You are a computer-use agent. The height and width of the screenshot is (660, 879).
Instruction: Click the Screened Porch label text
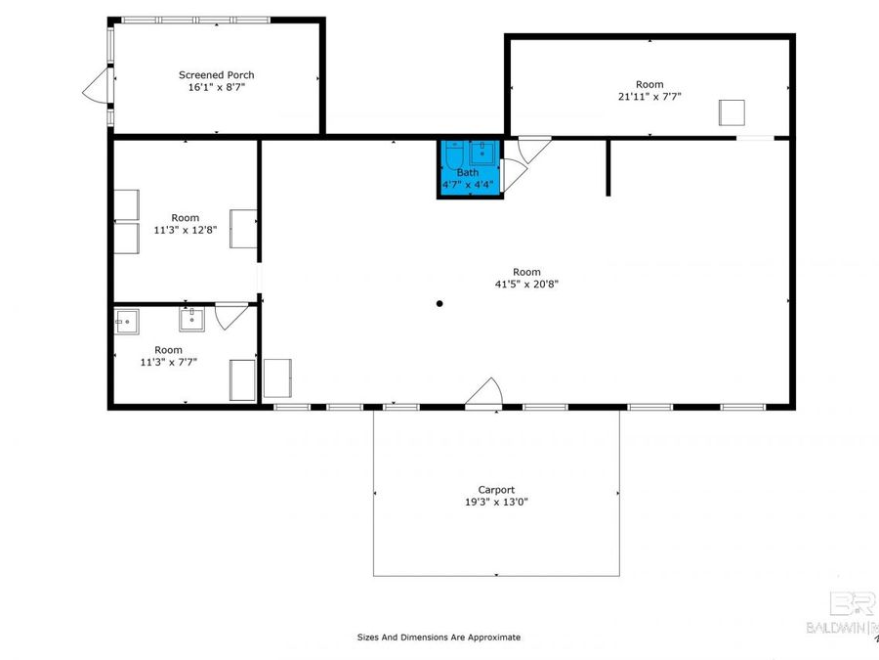click(x=216, y=74)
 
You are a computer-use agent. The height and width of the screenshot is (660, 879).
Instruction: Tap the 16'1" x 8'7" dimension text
click(x=216, y=87)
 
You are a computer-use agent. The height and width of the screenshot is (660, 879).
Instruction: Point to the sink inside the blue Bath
click(x=482, y=153)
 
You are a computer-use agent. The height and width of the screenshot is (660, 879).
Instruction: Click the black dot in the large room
click(x=439, y=303)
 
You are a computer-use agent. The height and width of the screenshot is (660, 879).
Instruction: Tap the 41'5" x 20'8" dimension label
click(x=526, y=285)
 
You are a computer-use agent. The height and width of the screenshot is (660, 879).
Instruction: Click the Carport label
click(x=496, y=490)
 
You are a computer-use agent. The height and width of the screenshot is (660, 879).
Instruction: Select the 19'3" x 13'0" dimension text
click(x=496, y=503)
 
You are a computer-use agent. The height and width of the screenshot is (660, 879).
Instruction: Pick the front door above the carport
click(x=484, y=393)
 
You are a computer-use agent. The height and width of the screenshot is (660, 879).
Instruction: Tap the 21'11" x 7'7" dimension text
click(x=649, y=97)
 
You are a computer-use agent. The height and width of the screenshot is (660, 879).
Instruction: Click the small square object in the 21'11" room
click(x=732, y=112)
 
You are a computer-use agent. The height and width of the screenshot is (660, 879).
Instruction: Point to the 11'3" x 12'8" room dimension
click(x=186, y=231)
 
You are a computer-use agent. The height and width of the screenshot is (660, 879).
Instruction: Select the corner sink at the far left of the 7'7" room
click(x=125, y=321)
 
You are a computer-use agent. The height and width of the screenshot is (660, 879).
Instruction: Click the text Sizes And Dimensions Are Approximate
click(x=439, y=638)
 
